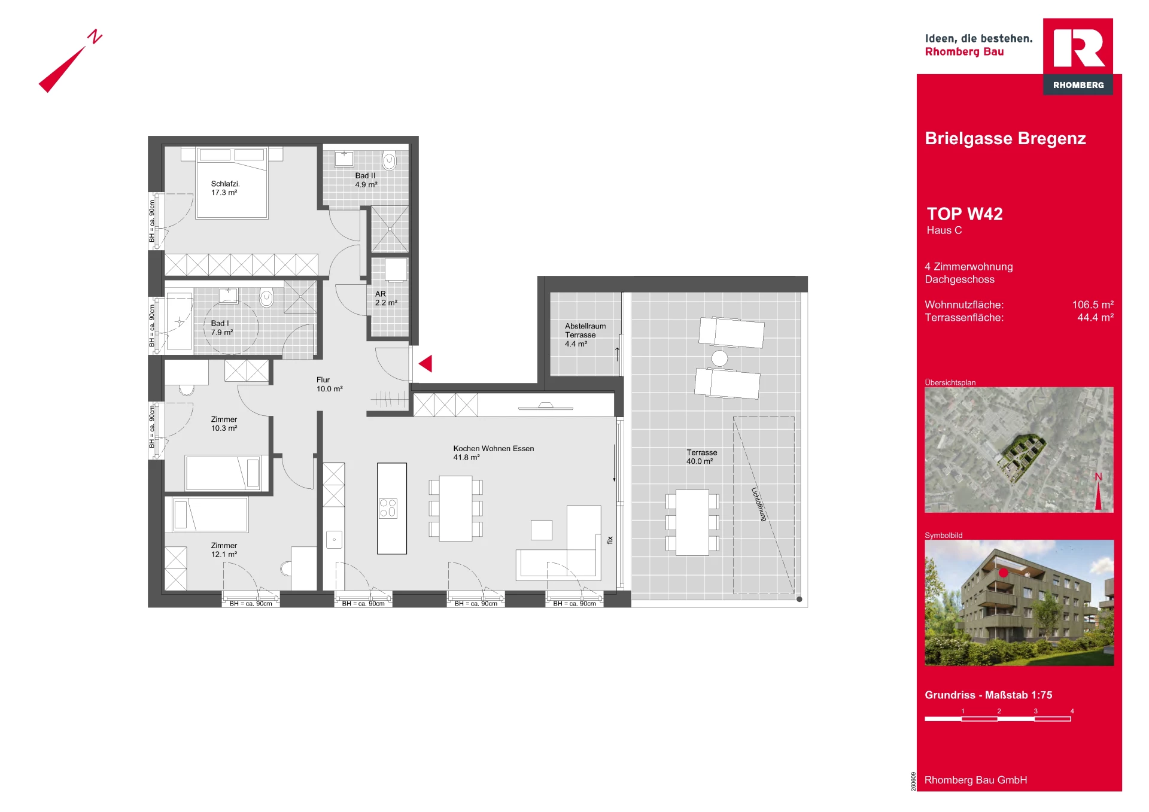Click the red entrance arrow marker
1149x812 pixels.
tap(426, 363)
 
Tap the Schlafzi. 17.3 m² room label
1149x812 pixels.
tap(225, 188)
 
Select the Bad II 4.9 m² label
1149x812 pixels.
tap(366, 180)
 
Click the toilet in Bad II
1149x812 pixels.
tap(390, 161)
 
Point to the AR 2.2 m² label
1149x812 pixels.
tap(386, 298)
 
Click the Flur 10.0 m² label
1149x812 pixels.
tap(329, 384)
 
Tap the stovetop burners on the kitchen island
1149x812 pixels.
tap(388, 508)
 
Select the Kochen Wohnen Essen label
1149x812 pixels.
tap(493, 448)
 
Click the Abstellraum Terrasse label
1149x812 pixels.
tap(585, 330)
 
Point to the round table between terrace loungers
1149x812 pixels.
tap(719, 358)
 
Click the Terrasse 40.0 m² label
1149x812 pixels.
tap(701, 457)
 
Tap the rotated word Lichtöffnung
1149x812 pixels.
tap(758, 504)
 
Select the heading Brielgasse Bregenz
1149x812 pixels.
tap(1005, 138)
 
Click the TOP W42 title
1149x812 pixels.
tap(965, 214)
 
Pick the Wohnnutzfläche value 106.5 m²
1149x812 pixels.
tap(1093, 305)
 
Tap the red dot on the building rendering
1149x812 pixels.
tap(1004, 573)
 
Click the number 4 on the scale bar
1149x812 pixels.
tap(1072, 711)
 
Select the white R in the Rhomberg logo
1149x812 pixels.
tap(1079, 48)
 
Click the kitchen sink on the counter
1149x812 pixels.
tap(334, 540)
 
